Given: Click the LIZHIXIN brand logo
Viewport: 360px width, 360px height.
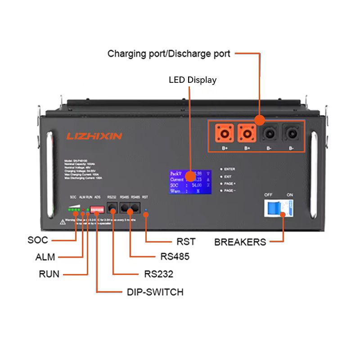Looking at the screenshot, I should tap(94, 135).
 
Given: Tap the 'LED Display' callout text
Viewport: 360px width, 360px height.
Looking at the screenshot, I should tap(193, 80).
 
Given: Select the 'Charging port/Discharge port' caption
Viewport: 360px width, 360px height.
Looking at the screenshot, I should tap(169, 54).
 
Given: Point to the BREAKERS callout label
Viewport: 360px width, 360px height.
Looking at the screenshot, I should tap(240, 242).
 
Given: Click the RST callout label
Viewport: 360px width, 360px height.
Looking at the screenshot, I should tap(186, 242).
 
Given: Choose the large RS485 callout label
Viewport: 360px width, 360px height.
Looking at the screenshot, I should tap(175, 257).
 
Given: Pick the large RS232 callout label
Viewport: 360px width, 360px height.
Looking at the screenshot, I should tap(159, 274).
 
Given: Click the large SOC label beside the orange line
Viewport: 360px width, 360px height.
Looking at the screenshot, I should tap(38, 240).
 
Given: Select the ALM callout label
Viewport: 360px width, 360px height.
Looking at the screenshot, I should tap(45, 257).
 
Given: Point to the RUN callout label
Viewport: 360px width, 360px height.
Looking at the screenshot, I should tap(49, 274).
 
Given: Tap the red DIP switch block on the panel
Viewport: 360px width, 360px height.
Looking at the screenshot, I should tap(97, 209).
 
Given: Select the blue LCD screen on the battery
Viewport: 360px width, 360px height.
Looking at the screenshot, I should tap(189, 182).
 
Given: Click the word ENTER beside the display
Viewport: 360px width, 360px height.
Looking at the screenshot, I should tap(229, 169).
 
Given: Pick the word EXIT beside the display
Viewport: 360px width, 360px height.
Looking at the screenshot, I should tap(228, 177).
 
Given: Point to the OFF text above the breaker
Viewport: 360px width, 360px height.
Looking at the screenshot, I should tap(268, 195).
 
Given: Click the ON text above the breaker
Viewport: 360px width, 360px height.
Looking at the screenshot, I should tap(290, 195).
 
